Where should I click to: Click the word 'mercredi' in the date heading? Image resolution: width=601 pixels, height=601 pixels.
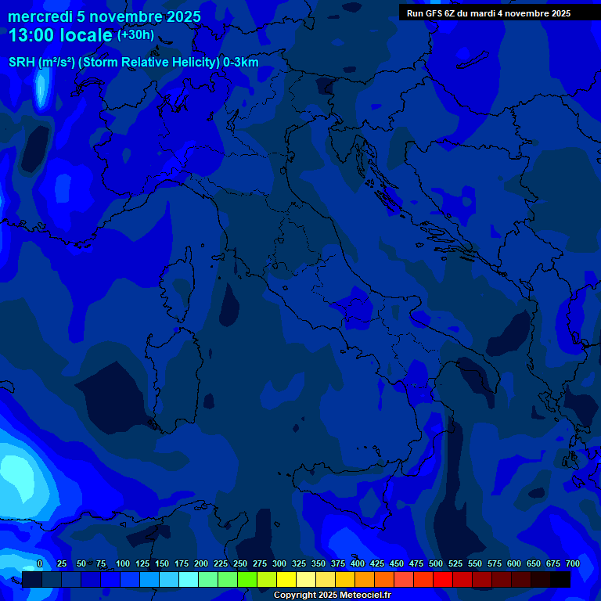[40, 16]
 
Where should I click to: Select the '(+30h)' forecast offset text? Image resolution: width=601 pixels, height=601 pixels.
[135, 35]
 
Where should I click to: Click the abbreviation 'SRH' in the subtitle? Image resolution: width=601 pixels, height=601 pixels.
[23, 63]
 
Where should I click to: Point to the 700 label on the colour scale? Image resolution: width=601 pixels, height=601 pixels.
[572, 563]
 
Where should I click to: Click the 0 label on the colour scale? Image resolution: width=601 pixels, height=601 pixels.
[40, 563]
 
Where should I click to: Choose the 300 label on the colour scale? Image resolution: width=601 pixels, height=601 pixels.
[279, 563]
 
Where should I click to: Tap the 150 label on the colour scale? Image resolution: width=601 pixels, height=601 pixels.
[162, 563]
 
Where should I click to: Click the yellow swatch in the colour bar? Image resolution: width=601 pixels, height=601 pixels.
[286, 579]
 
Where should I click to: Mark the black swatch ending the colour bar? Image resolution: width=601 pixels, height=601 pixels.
[560, 579]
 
